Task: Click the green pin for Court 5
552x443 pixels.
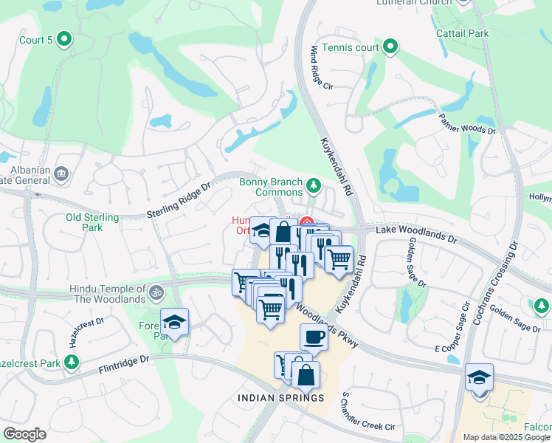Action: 64,38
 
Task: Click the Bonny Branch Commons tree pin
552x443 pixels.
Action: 314,185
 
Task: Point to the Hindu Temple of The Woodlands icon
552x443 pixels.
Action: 155,292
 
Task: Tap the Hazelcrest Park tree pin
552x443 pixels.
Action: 72,362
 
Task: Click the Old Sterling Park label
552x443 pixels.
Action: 92,222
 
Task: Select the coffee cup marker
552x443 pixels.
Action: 313,337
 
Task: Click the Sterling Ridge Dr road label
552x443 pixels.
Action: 178,201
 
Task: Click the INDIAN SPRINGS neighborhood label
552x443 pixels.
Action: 280,398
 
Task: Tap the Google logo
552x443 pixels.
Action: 24,433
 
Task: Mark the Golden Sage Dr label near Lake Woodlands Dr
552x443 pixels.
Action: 413,262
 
